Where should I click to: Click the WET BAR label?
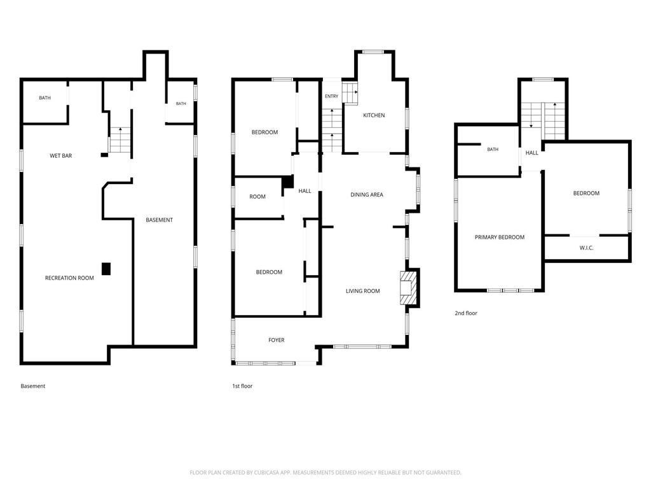pos(60,156)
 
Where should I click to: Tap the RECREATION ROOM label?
pos(69,278)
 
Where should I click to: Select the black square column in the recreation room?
pos(106,269)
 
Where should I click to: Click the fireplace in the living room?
pos(408,288)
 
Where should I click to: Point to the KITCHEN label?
pos(374,115)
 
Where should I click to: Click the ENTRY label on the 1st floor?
pos(331,96)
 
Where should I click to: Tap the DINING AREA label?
pos(367,195)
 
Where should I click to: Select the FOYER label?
pos(276,340)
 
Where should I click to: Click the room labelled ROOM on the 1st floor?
pos(257,197)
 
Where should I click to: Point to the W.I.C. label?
pos(586,248)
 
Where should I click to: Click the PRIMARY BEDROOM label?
pos(500,237)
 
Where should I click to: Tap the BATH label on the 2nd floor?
pos(493,149)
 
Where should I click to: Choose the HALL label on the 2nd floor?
pos(532,153)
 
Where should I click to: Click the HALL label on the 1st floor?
pos(305,191)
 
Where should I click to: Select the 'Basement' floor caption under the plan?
pos(33,386)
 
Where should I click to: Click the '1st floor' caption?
pos(242,386)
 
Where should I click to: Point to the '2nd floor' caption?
pos(466,313)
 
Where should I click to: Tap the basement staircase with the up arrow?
pos(120,140)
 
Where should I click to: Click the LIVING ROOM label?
pos(363,291)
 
